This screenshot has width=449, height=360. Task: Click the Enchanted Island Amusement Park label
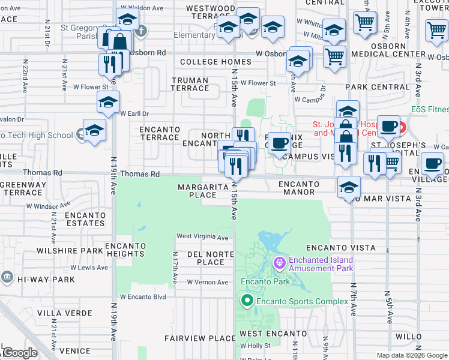(321, 264)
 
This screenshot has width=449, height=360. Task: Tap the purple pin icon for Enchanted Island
(279, 263)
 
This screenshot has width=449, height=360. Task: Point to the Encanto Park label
(265, 281)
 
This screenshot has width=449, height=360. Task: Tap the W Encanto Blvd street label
(143, 296)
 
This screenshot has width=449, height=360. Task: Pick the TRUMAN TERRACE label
(190, 84)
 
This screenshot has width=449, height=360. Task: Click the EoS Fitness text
(430, 110)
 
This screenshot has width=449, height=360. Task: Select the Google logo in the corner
(20, 352)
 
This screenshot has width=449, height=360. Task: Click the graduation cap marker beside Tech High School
(94, 131)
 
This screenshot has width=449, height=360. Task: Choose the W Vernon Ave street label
(207, 282)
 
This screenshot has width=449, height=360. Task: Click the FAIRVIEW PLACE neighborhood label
(200, 338)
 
